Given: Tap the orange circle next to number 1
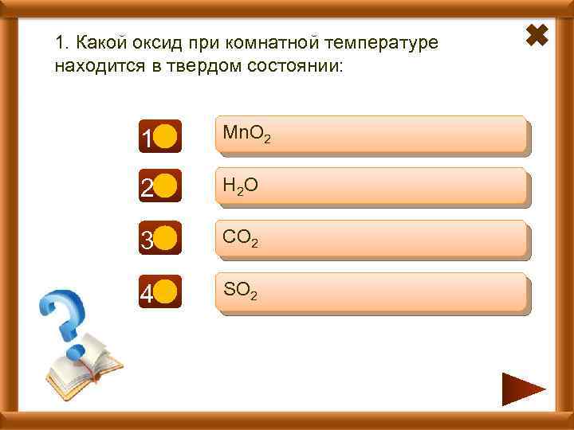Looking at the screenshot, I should [x=165, y=137].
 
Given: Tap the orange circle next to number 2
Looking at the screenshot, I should [x=165, y=189].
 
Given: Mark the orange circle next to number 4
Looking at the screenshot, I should [x=165, y=293].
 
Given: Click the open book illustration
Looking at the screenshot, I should [x=84, y=363].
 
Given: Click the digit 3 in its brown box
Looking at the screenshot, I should [x=147, y=241].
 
